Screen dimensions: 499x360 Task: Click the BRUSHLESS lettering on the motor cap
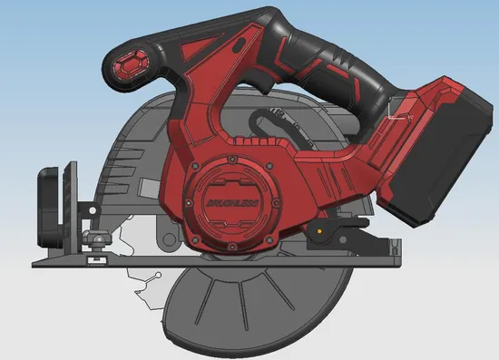coord(232,203)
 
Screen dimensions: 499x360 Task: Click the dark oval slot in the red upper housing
coord(240,44)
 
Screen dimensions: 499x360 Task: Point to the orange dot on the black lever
coord(319,231)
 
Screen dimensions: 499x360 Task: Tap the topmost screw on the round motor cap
coord(232,159)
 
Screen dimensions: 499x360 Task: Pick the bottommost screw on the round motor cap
coord(232,247)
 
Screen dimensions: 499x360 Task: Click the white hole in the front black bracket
coord(93,210)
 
